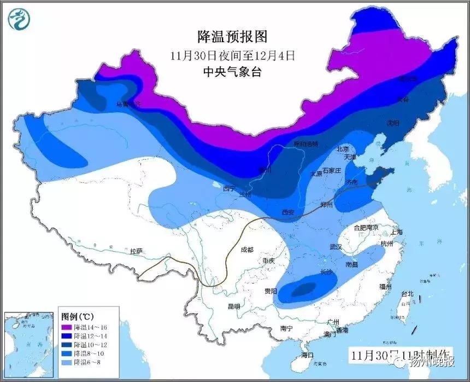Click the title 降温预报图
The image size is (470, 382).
[x=233, y=37]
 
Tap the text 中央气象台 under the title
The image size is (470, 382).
[x=233, y=72]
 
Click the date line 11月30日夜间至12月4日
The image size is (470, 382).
[x=233, y=55]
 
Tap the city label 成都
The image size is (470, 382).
[x=246, y=250]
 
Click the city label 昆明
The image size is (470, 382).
[x=233, y=306]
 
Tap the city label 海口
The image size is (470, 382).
[x=307, y=355]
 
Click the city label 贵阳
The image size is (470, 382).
[x=271, y=291]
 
